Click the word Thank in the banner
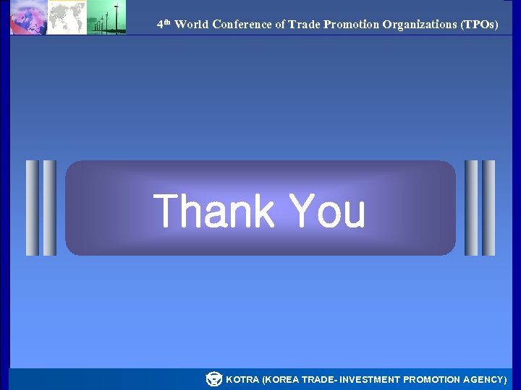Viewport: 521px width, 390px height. coord(213,211)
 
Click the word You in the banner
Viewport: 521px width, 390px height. coord(327,211)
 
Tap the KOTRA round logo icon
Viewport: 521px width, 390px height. coord(213,379)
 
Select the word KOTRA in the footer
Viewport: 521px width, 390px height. coord(242,380)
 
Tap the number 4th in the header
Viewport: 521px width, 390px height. coord(164,24)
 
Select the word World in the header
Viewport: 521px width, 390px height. coord(191,25)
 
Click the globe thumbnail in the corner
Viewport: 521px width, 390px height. coord(29,17)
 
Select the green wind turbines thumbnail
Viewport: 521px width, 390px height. coord(106,17)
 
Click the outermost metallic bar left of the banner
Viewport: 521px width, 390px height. coord(32,208)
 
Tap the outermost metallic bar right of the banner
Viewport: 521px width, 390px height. coord(489,208)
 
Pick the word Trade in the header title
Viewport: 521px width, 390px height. coord(304,25)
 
